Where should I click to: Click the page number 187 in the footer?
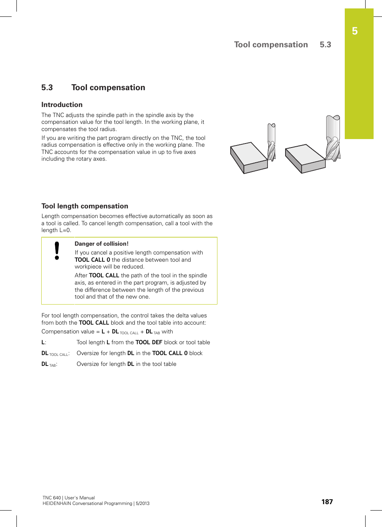click(x=327, y=502)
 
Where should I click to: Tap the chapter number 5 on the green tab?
click(x=355, y=31)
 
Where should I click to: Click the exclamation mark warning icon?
click(x=57, y=251)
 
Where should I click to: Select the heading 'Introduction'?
click(x=62, y=105)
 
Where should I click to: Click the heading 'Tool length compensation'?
click(x=85, y=206)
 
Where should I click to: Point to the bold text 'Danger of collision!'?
click(x=102, y=244)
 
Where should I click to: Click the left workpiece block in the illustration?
click(x=249, y=157)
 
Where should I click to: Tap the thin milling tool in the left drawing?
click(x=271, y=142)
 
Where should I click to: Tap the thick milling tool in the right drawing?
click(x=333, y=138)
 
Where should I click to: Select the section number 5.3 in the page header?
click(x=325, y=44)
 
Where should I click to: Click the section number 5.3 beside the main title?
click(x=47, y=87)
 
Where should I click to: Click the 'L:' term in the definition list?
click(x=44, y=342)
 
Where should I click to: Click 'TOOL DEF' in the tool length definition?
click(x=149, y=342)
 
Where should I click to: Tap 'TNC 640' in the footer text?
click(x=52, y=498)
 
